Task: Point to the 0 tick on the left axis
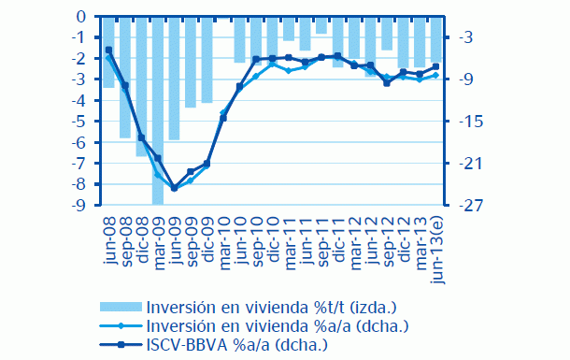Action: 82,16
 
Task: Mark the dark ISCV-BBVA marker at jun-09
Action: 174,188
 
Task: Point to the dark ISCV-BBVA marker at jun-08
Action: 108,50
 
